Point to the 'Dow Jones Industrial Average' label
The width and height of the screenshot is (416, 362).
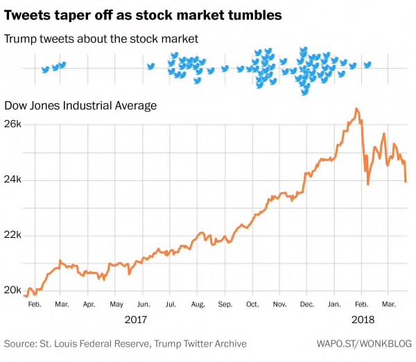80,105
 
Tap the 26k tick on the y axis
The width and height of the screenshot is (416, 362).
14,124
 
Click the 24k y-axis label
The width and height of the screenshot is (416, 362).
14,180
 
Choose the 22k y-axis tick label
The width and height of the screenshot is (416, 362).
14,235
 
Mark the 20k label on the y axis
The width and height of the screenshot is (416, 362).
14,291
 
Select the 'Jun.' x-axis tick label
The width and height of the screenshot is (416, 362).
144,304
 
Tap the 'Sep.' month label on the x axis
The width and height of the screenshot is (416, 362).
225,304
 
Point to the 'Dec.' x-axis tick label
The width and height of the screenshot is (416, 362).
306,304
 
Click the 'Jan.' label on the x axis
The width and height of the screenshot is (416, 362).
334,304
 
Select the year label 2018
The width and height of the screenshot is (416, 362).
363,320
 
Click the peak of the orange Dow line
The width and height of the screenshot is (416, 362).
356,109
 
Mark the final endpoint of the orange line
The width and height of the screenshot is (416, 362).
406,181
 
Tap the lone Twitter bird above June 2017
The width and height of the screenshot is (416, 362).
150,67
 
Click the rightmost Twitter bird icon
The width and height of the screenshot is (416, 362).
367,65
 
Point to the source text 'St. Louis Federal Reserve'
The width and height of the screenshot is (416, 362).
96,343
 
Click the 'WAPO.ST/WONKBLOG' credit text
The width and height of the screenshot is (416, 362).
364,343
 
